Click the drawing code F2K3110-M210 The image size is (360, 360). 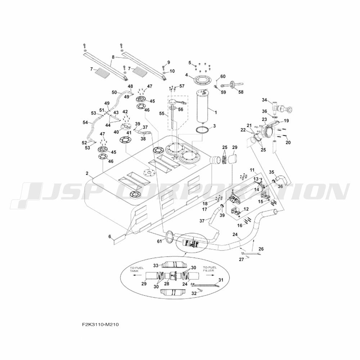[x=100, y=325]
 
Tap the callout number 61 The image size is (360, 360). [x=159, y=241]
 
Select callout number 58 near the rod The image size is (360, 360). [x=240, y=92]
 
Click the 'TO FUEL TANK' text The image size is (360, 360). [x=136, y=269]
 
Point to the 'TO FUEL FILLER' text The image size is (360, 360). [x=208, y=269]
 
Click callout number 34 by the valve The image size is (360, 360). [x=265, y=100]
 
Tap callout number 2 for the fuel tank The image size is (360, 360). [x=87, y=174]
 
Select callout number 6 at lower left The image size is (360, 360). [x=110, y=236]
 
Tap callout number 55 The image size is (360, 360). [x=162, y=113]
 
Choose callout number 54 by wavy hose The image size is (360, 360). [x=85, y=123]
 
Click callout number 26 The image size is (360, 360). [x=261, y=249]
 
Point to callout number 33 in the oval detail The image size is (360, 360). [x=156, y=266]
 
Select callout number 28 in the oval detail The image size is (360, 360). [x=166, y=284]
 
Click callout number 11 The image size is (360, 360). [x=252, y=170]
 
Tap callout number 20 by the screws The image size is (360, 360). [x=288, y=142]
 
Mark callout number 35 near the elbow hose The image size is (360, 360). [x=271, y=172]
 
